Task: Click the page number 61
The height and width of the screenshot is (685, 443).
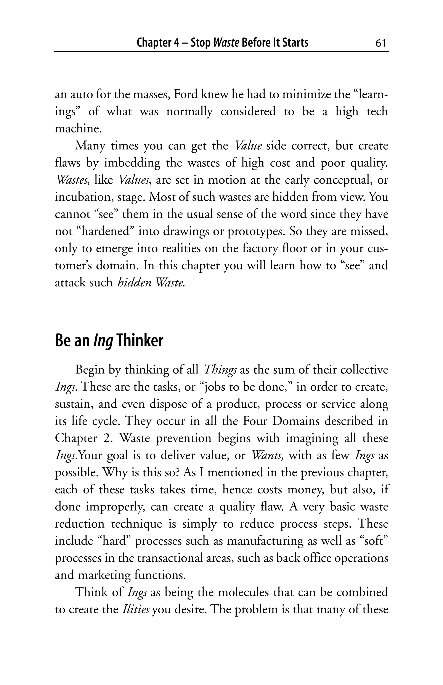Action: [x=380, y=43]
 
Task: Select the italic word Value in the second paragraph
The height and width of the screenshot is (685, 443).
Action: [x=248, y=146]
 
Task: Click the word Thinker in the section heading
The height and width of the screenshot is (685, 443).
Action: [x=140, y=341]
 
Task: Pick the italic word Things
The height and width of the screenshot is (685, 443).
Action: [x=220, y=370]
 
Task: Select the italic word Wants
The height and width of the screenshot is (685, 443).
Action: [x=268, y=456]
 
